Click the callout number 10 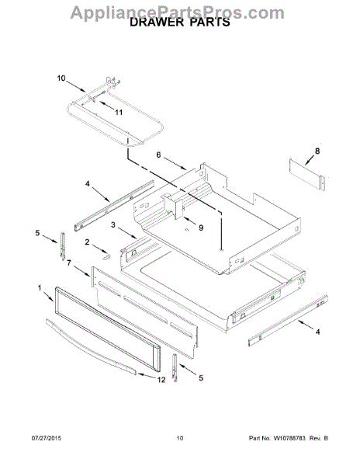[61, 78]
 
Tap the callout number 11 [119, 113]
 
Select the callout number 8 [317, 151]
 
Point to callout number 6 [158, 155]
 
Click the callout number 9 [201, 228]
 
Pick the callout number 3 [113, 224]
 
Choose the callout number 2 [87, 242]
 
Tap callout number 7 [69, 263]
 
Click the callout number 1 [40, 287]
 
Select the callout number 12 [161, 380]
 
